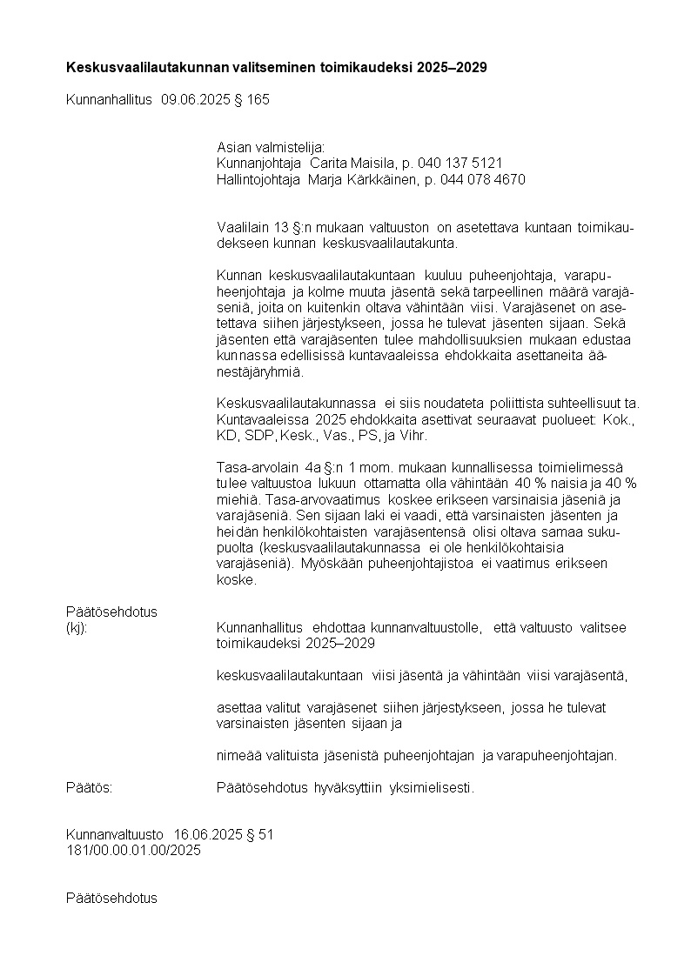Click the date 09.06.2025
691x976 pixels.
point(194,99)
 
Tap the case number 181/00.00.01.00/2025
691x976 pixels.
point(133,850)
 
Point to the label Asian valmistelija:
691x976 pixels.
point(270,148)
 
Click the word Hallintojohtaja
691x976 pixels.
point(258,179)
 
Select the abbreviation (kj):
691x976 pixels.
point(77,628)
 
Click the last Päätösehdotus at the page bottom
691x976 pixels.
point(111,898)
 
